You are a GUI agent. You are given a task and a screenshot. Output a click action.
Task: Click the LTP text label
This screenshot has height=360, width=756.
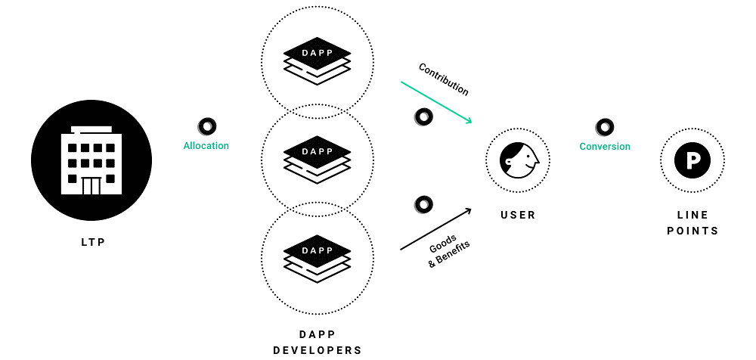(x=92, y=243)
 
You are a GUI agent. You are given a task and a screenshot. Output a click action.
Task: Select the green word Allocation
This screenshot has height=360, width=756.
(x=206, y=145)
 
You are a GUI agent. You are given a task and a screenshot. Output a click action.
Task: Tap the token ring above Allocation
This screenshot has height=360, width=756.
(x=206, y=126)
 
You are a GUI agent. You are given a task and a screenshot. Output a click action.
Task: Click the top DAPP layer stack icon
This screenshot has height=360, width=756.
(x=318, y=61)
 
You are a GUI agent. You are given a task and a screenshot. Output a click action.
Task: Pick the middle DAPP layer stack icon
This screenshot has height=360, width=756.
(x=318, y=159)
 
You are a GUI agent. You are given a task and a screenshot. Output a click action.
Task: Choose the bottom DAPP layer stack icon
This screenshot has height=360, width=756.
(x=318, y=257)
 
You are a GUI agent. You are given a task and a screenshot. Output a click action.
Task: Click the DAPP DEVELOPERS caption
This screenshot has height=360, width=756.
(x=318, y=342)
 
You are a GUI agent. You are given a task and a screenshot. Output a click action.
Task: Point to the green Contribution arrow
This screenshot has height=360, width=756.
(x=436, y=103)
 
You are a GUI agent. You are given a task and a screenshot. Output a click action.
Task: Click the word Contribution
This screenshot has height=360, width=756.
(x=444, y=79)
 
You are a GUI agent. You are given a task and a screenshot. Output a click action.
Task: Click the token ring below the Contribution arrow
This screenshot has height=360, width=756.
(x=423, y=117)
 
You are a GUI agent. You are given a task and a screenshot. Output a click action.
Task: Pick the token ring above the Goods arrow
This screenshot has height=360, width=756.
(x=423, y=204)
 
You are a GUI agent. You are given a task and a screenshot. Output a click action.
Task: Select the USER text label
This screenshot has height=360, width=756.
(x=519, y=216)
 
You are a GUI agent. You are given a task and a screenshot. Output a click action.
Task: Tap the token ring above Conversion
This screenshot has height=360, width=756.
(x=605, y=126)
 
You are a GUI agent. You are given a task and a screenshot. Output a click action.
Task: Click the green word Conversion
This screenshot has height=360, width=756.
(x=605, y=146)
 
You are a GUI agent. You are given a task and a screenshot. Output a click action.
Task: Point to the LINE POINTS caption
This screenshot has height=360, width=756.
(x=692, y=223)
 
